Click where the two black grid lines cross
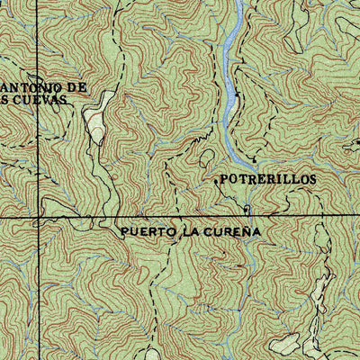coord(39,218)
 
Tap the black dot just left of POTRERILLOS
coord(215,181)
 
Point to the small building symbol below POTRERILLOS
coord(245,210)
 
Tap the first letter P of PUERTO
coord(124,231)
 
